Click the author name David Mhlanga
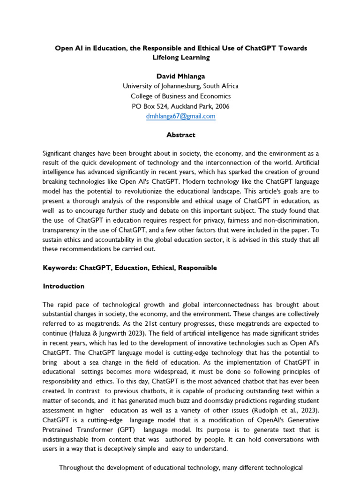pyautogui.click(x=180, y=75)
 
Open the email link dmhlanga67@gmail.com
pyautogui.click(x=180, y=116)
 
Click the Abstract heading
pyautogui.click(x=180, y=135)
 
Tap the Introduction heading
pyautogui.click(x=64, y=286)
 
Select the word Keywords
pyautogui.click(x=60, y=268)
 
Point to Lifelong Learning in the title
pyautogui.click(x=180, y=58)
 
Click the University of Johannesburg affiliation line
pyautogui.click(x=180, y=86)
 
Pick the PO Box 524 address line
pyautogui.click(x=180, y=106)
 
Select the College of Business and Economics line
pyautogui.click(x=180, y=96)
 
